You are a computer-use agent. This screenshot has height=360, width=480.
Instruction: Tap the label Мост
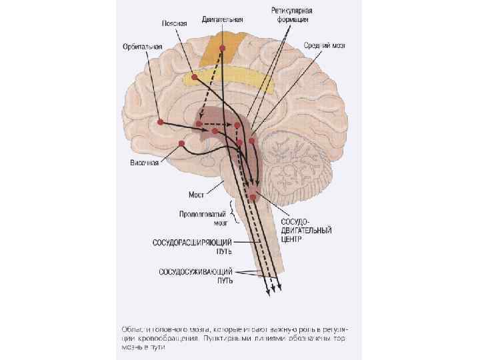pos(195,195)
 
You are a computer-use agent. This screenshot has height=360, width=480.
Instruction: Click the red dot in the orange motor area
pos(222,49)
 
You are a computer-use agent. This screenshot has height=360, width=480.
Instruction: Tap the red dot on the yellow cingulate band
pos(194,77)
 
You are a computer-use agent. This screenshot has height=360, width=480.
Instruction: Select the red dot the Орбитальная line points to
pos(161,122)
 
